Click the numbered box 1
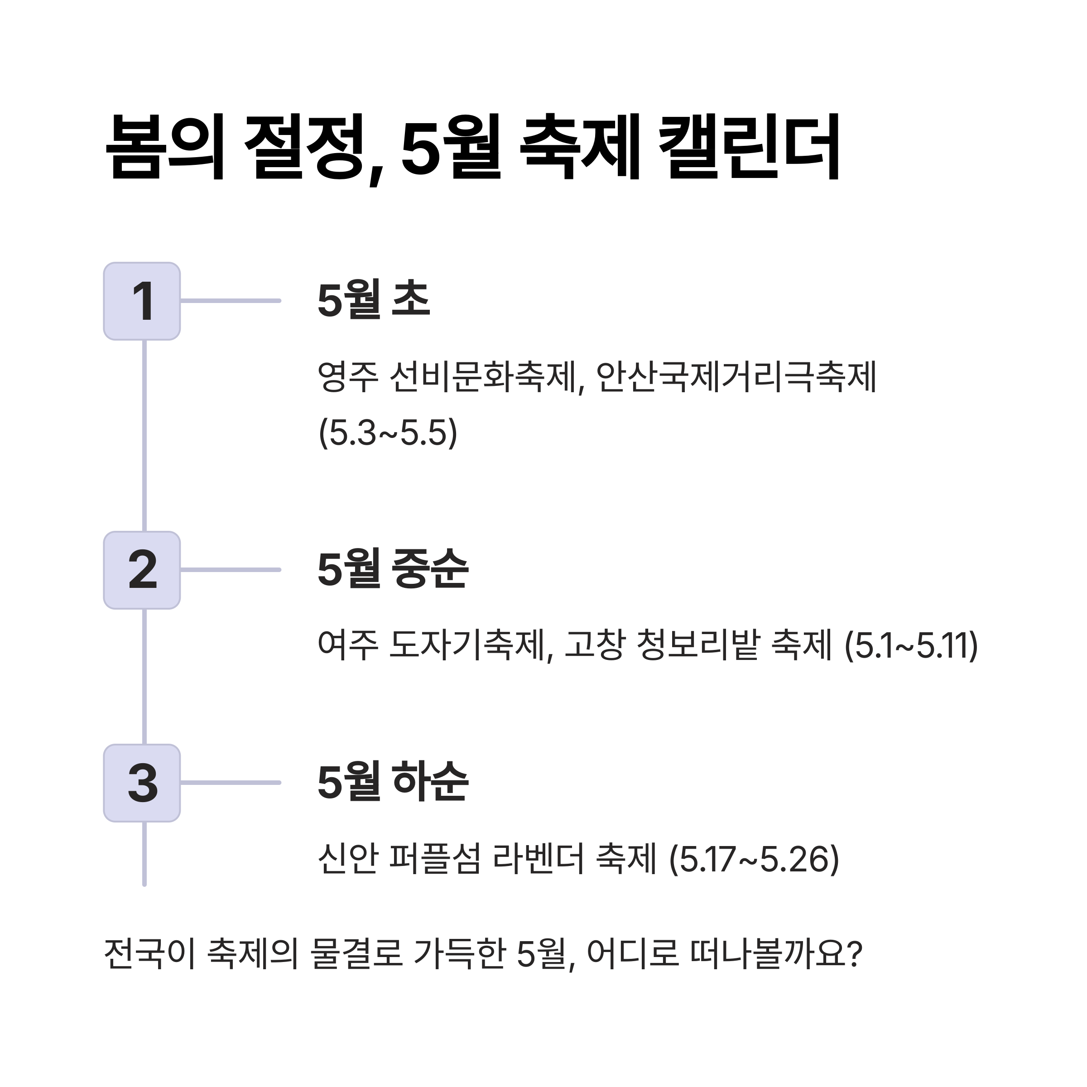[x=142, y=301]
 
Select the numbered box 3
[x=142, y=783]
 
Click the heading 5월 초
[x=374, y=300]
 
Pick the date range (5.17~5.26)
[x=754, y=859]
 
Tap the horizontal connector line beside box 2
[x=231, y=570]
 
